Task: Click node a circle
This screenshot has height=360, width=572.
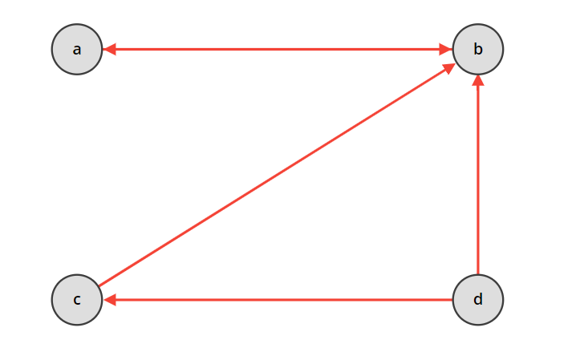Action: point(77,49)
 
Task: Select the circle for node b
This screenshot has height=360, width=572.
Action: point(478,49)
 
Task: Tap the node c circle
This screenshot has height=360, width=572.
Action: point(77,299)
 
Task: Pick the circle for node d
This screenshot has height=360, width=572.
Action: point(478,299)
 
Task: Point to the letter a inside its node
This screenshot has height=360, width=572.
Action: point(77,50)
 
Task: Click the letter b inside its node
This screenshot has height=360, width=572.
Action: point(478,49)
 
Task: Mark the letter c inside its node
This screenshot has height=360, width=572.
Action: point(77,300)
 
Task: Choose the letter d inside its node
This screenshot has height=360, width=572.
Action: point(478,299)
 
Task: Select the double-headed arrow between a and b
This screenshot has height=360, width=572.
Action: point(278,49)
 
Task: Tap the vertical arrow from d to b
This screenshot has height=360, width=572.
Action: point(478,176)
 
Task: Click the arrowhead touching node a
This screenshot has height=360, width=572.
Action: point(110,49)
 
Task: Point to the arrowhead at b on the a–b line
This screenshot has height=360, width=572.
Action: point(445,49)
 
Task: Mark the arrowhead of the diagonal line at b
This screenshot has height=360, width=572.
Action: point(450,67)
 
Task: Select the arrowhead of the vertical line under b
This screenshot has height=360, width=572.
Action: point(478,81)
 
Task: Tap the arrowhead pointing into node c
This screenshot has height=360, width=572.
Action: point(110,299)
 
